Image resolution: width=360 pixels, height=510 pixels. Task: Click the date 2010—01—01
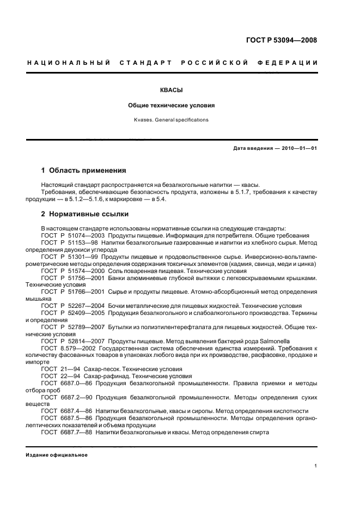299,148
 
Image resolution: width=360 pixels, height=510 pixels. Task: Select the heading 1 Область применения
84,171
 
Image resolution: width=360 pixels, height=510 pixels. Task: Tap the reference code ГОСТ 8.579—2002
68,348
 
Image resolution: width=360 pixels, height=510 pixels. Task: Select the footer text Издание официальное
57,454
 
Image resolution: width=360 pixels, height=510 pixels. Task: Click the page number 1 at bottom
316,466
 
